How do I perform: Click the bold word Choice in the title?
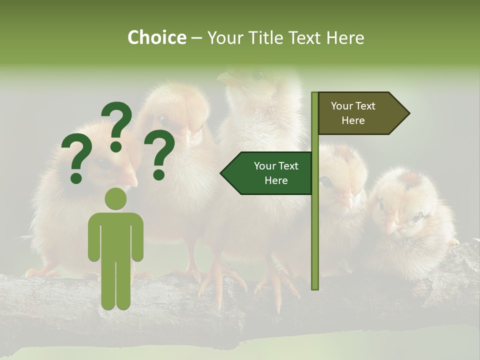156,37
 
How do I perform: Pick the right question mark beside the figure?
159,154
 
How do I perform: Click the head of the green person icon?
115,198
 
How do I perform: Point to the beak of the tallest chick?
227,77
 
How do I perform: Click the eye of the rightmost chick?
416,217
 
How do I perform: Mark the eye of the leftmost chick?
102,162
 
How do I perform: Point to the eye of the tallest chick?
258,75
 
